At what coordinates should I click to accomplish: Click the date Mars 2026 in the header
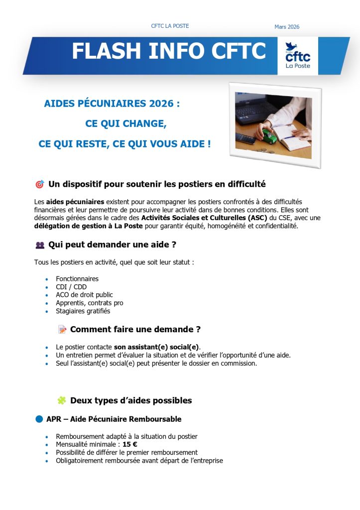coord(287,27)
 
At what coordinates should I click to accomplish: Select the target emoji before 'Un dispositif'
coord(40,185)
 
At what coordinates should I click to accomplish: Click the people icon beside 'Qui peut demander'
coord(40,245)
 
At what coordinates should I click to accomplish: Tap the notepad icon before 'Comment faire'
coord(62,329)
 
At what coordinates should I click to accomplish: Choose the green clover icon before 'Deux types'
coord(62,400)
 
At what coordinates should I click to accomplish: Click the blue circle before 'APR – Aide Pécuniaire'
coord(39,419)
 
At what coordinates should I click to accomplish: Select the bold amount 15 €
coord(130,444)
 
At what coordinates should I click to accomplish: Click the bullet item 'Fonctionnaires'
coord(77,279)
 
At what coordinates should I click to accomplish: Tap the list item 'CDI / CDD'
coord(71,287)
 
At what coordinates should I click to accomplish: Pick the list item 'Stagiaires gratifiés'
coord(83,311)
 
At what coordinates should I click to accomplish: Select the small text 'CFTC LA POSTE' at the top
coord(170,26)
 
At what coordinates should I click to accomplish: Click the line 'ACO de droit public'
coord(84,295)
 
